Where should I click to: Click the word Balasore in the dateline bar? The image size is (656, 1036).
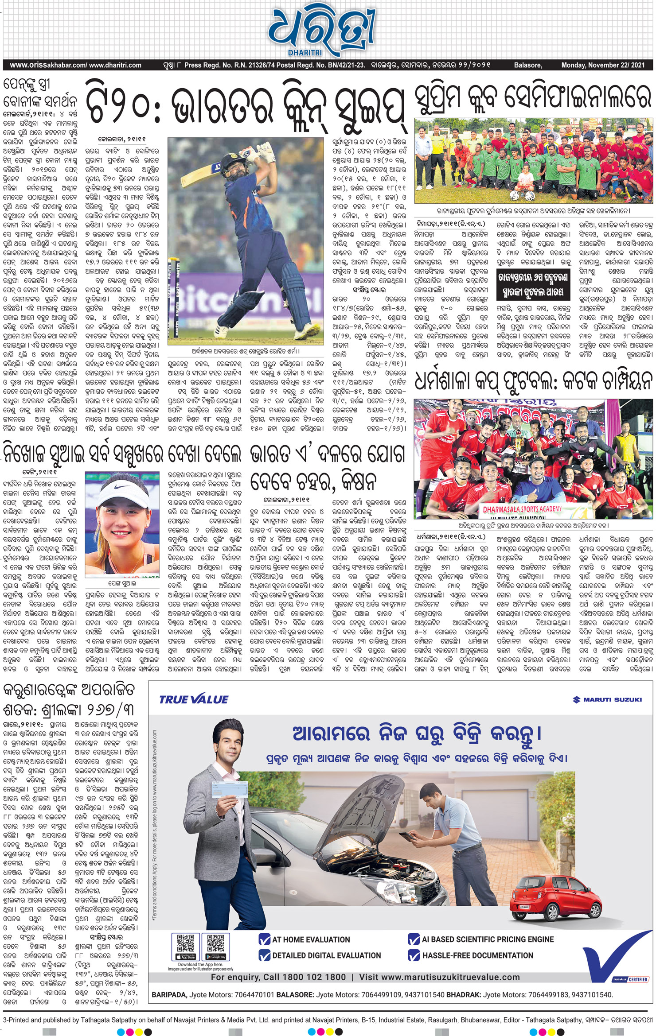pos(527,65)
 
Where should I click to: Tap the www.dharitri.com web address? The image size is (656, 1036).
pos(115,65)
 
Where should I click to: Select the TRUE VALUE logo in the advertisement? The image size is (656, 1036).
pos(194,699)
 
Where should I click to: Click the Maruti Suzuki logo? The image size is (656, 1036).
pos(607,699)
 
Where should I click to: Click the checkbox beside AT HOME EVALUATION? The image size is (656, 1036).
pos(265,939)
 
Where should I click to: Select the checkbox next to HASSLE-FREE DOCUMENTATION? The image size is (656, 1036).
pos(414,955)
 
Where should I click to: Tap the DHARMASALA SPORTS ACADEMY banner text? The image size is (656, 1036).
pos(522,509)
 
